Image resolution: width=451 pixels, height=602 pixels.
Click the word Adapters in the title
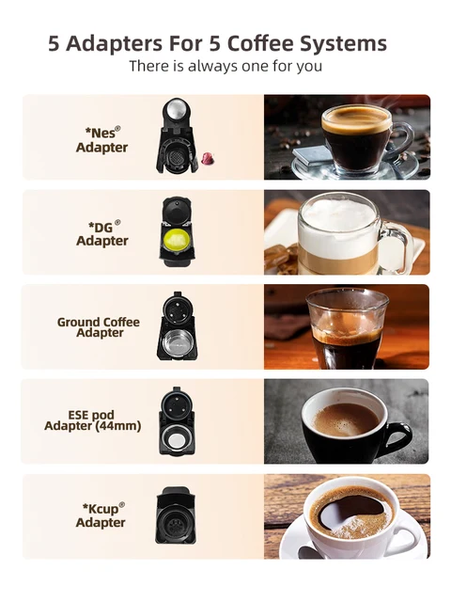(117, 44)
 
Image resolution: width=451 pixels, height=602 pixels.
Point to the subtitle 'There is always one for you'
(225, 66)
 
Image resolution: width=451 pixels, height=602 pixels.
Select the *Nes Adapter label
(101, 140)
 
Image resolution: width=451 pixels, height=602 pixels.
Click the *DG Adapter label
(101, 234)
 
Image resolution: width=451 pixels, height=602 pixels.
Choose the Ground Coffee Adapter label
(99, 327)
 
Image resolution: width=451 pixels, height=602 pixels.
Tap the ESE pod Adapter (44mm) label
(93, 420)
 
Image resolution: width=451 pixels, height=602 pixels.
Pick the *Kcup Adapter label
(101, 515)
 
